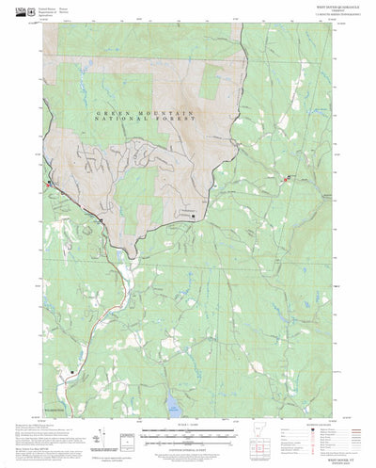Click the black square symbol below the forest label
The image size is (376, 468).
[194, 216]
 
